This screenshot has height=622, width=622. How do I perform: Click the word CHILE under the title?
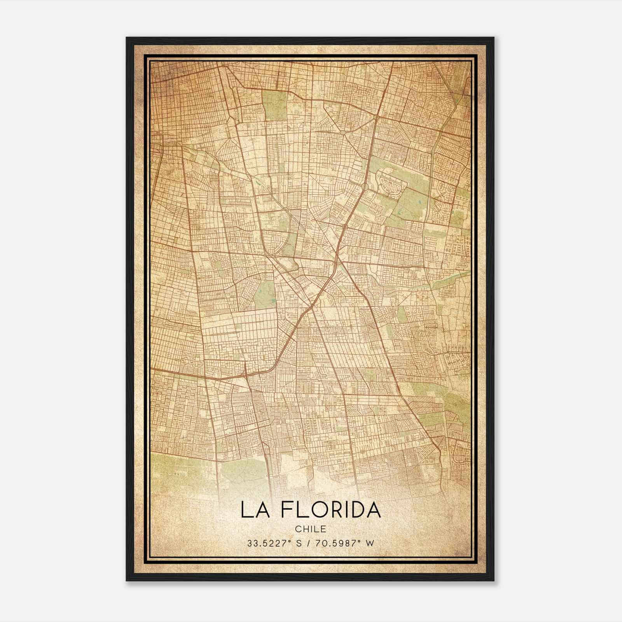[x=310, y=529]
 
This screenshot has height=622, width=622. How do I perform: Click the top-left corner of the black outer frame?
[x=127, y=38]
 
